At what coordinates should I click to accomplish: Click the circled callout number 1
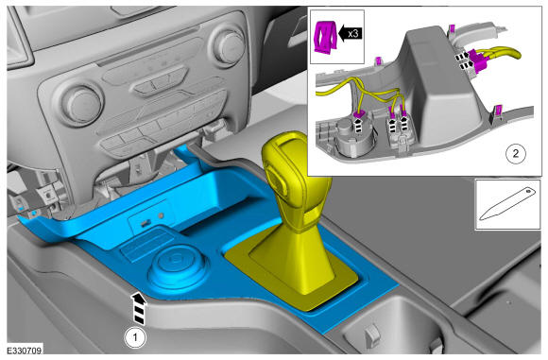tap(136, 337)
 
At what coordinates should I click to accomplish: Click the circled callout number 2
tap(516, 153)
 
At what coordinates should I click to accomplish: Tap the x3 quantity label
tap(353, 34)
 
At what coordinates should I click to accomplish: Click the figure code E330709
tap(25, 351)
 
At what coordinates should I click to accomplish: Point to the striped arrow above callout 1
tap(139, 309)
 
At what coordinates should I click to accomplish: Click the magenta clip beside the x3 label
tap(325, 38)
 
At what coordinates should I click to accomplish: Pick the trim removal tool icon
tap(507, 204)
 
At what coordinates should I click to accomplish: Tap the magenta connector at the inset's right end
tap(478, 60)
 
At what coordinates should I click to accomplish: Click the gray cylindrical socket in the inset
tap(353, 137)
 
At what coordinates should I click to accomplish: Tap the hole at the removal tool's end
tap(528, 191)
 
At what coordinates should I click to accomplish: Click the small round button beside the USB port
tap(161, 215)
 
